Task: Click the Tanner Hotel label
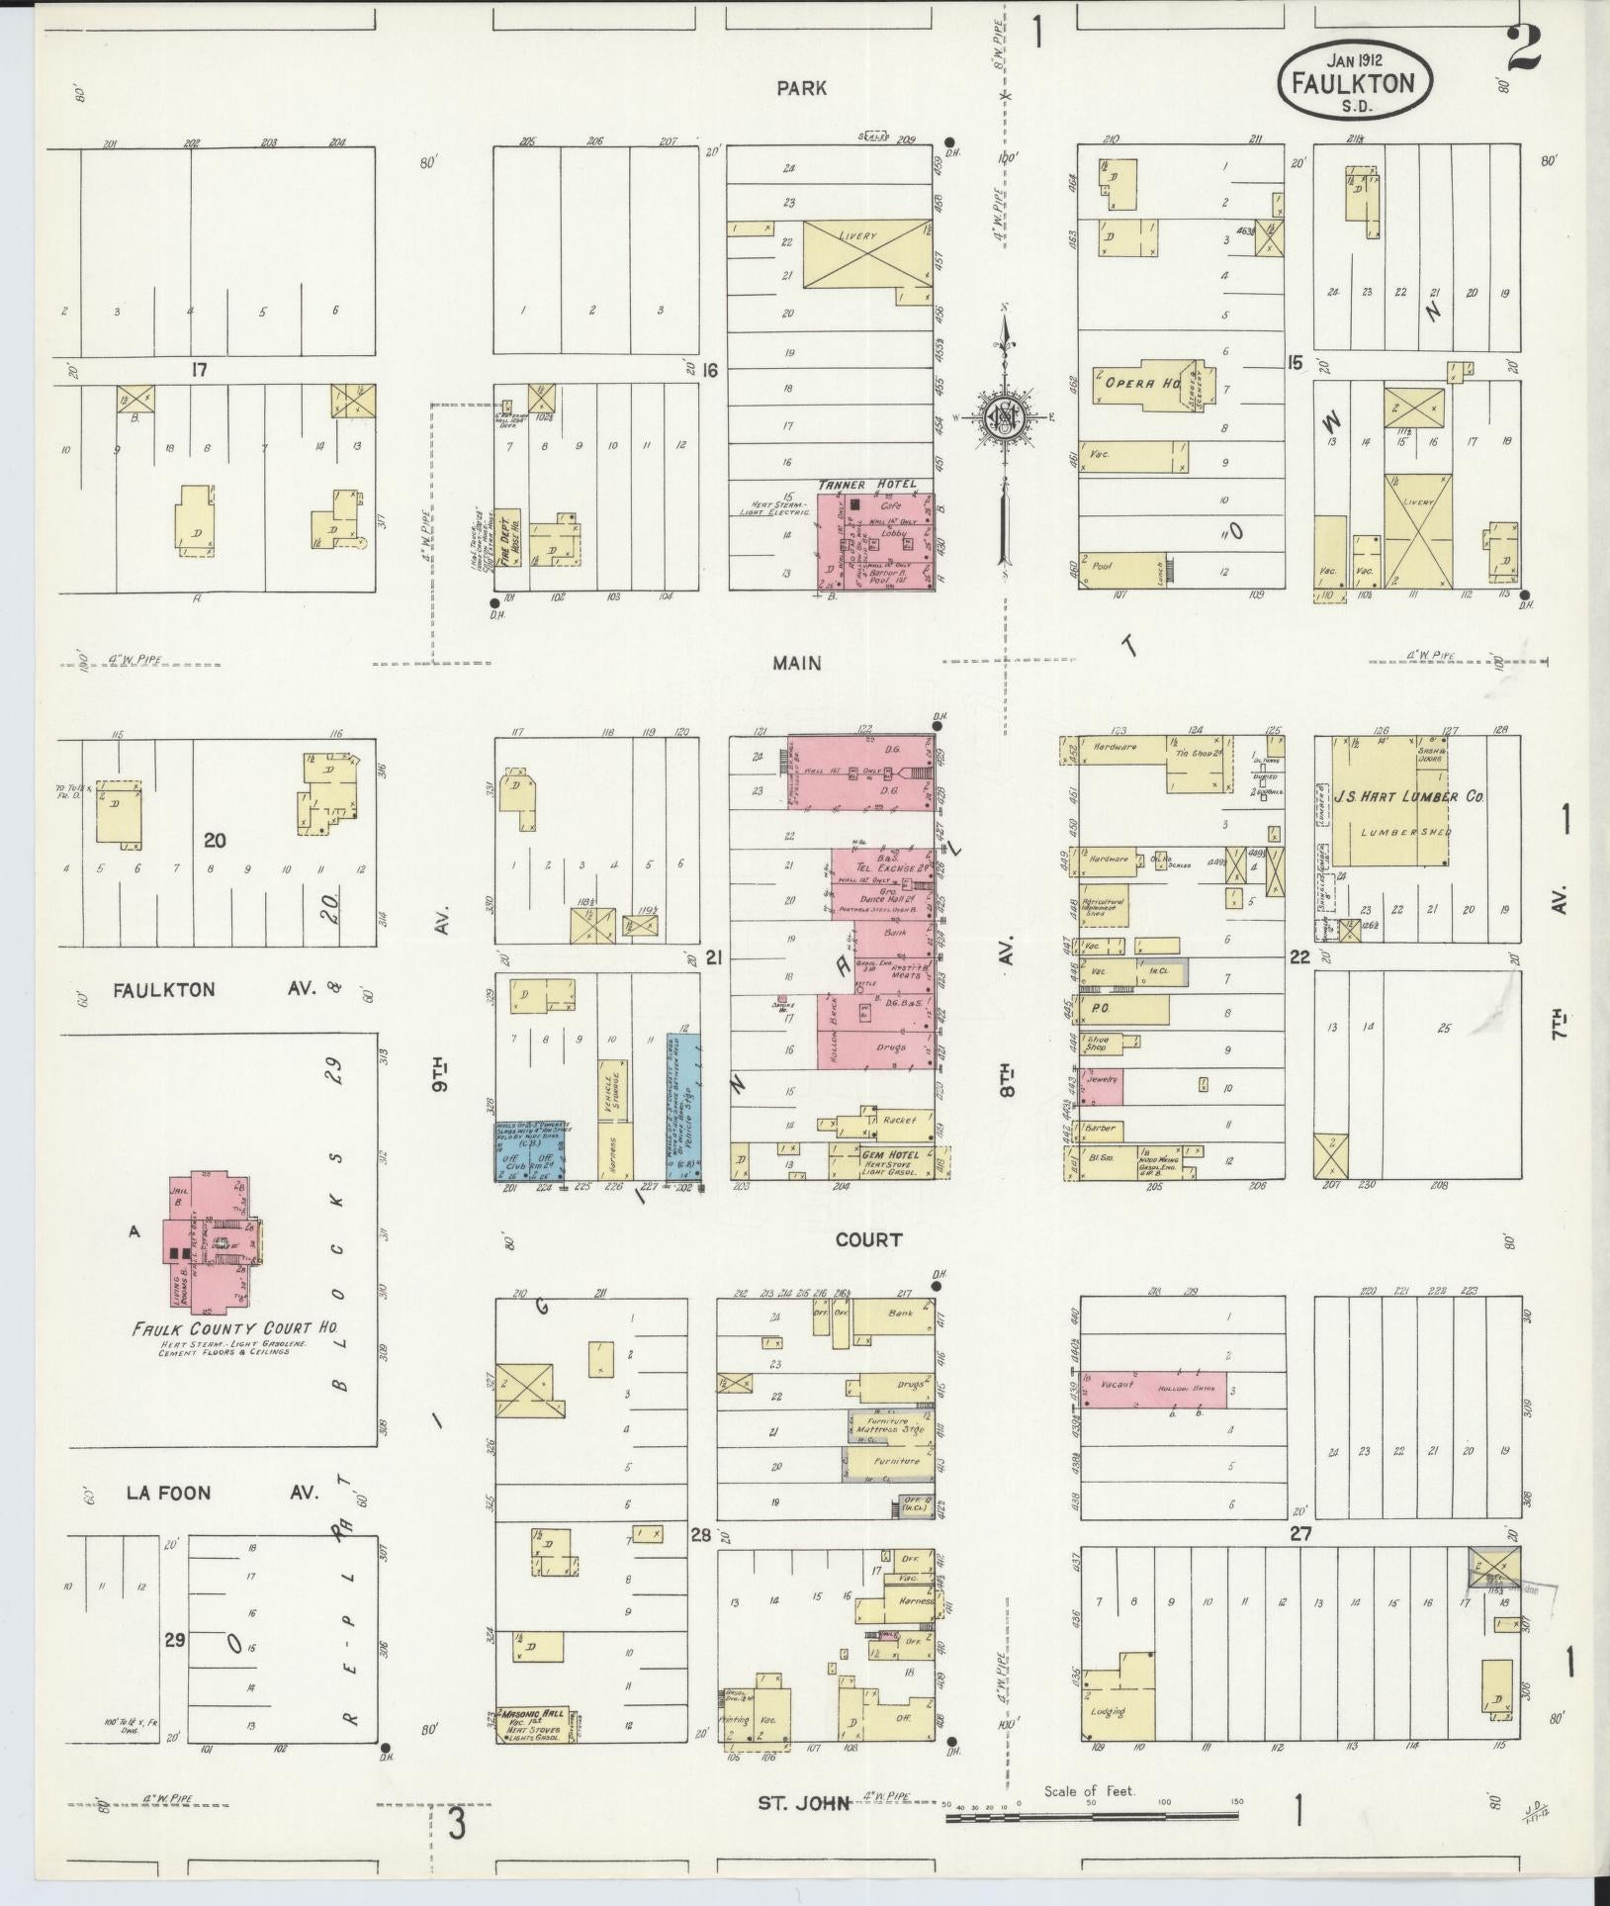click(x=867, y=485)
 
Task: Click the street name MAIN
click(x=797, y=663)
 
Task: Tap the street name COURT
click(x=868, y=1239)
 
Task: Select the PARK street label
click(x=801, y=88)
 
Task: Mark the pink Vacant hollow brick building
click(x=1153, y=1388)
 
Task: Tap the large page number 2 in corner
click(x=1524, y=49)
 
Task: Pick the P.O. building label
click(x=1100, y=1010)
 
